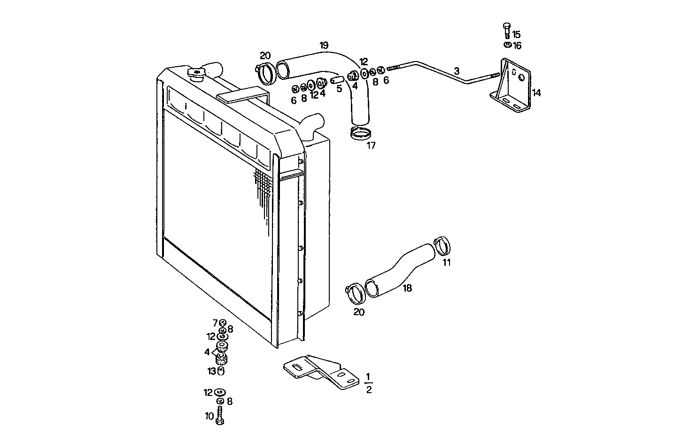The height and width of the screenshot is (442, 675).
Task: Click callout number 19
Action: pos(324,46)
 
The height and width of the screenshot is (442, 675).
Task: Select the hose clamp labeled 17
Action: pos(361,133)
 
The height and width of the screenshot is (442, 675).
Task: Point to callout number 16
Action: pos(517,46)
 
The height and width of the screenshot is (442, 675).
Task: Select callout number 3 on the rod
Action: pos(457,71)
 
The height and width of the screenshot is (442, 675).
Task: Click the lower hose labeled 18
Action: pos(400,271)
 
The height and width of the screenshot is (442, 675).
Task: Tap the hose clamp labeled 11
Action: pos(442,245)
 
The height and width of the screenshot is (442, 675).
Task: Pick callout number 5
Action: pos(339,89)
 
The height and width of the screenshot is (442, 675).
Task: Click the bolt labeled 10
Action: pos(220,416)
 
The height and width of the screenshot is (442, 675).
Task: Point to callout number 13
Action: pos(211,371)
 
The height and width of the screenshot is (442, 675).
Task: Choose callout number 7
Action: pos(215,323)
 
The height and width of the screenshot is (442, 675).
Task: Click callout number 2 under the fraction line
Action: pos(369,390)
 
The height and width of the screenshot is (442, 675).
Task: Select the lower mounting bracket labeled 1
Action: pos(321,372)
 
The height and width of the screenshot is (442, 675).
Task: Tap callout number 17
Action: pos(371,146)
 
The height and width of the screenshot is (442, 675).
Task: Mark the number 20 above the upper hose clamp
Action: pos(265,56)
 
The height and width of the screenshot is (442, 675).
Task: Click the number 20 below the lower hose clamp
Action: pos(359,312)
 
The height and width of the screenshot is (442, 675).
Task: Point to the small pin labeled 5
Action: pos(337,81)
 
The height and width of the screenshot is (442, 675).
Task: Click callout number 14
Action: pos(536,93)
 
